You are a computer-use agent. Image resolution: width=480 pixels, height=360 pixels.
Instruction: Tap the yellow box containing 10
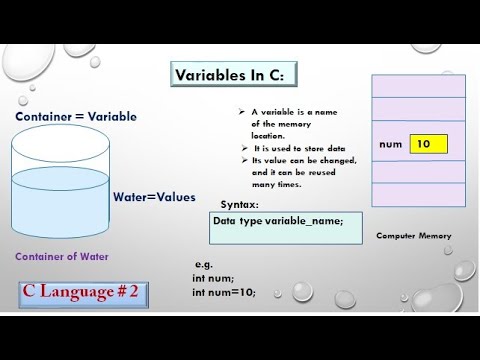click(428, 144)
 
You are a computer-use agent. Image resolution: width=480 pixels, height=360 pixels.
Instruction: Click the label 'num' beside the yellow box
click(391, 144)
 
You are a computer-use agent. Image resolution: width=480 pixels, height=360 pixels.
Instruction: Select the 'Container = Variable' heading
click(76, 117)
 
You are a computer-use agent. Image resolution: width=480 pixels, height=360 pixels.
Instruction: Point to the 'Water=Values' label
click(154, 197)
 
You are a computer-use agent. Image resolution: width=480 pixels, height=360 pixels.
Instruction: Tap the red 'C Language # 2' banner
click(84, 292)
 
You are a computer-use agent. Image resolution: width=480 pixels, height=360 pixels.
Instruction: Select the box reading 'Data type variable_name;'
click(286, 228)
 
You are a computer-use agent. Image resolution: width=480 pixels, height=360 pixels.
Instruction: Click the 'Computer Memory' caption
click(413, 236)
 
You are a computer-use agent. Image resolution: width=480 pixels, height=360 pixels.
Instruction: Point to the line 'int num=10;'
click(224, 292)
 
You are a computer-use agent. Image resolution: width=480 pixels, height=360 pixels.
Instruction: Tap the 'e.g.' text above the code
click(203, 264)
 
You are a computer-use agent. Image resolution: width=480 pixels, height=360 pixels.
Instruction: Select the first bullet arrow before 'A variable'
click(242, 112)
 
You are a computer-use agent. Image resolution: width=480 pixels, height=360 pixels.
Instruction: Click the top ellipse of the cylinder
click(59, 148)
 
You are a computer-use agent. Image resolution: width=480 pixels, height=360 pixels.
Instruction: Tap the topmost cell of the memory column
click(419, 85)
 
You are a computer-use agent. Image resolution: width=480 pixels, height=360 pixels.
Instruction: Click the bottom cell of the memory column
click(419, 195)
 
